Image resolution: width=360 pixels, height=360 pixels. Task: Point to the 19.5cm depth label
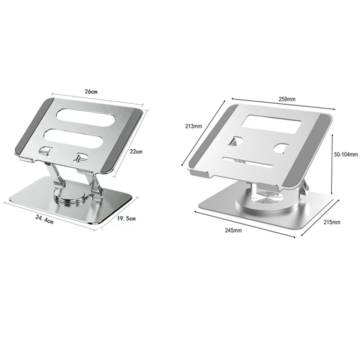pos(127,219)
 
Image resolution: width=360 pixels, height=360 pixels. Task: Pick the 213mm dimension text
pos(193,127)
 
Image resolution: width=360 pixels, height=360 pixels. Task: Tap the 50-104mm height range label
pos(346,155)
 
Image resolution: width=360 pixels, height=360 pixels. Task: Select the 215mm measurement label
pos(332,222)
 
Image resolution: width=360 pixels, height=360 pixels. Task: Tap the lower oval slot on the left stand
pos(83,138)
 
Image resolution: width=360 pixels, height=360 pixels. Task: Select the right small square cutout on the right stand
pos(281,148)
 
